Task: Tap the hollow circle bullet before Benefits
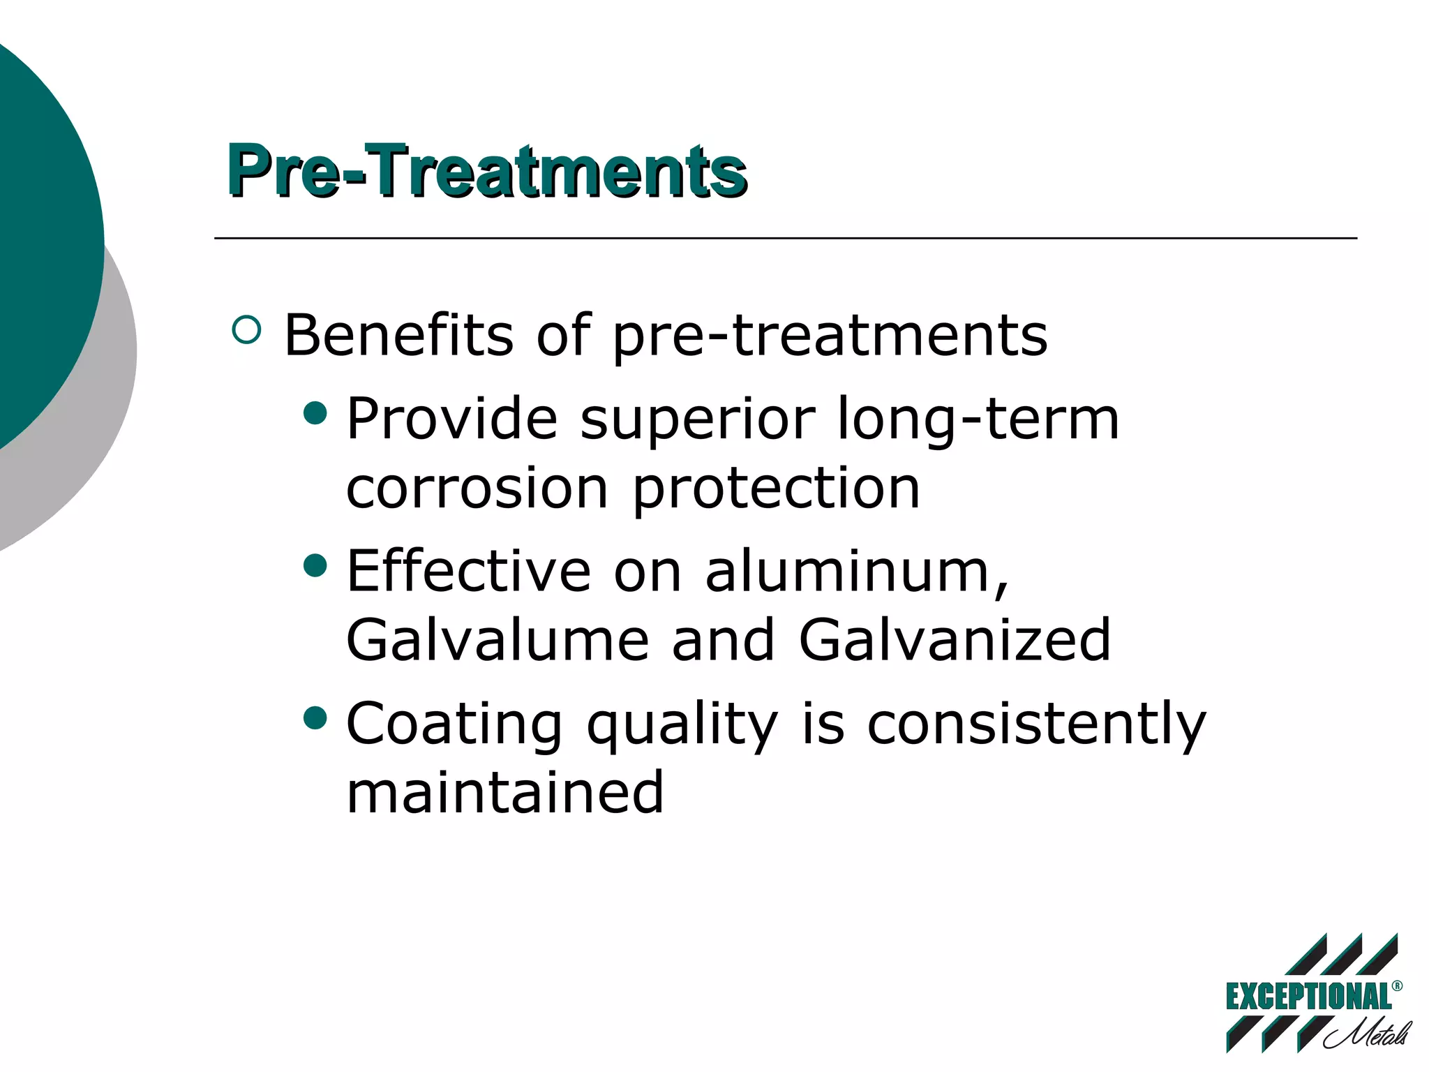[246, 329]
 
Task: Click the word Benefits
[398, 335]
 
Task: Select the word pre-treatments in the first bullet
[829, 336]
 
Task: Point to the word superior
[697, 419]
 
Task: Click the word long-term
[977, 419]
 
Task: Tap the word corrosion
[477, 488]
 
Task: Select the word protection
[776, 489]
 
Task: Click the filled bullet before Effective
[315, 565]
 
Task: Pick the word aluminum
[856, 571]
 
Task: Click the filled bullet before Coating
[315, 717]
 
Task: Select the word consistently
[1035, 724]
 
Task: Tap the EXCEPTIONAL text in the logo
[1308, 996]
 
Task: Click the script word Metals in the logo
[1368, 1034]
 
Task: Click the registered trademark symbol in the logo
[1397, 985]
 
